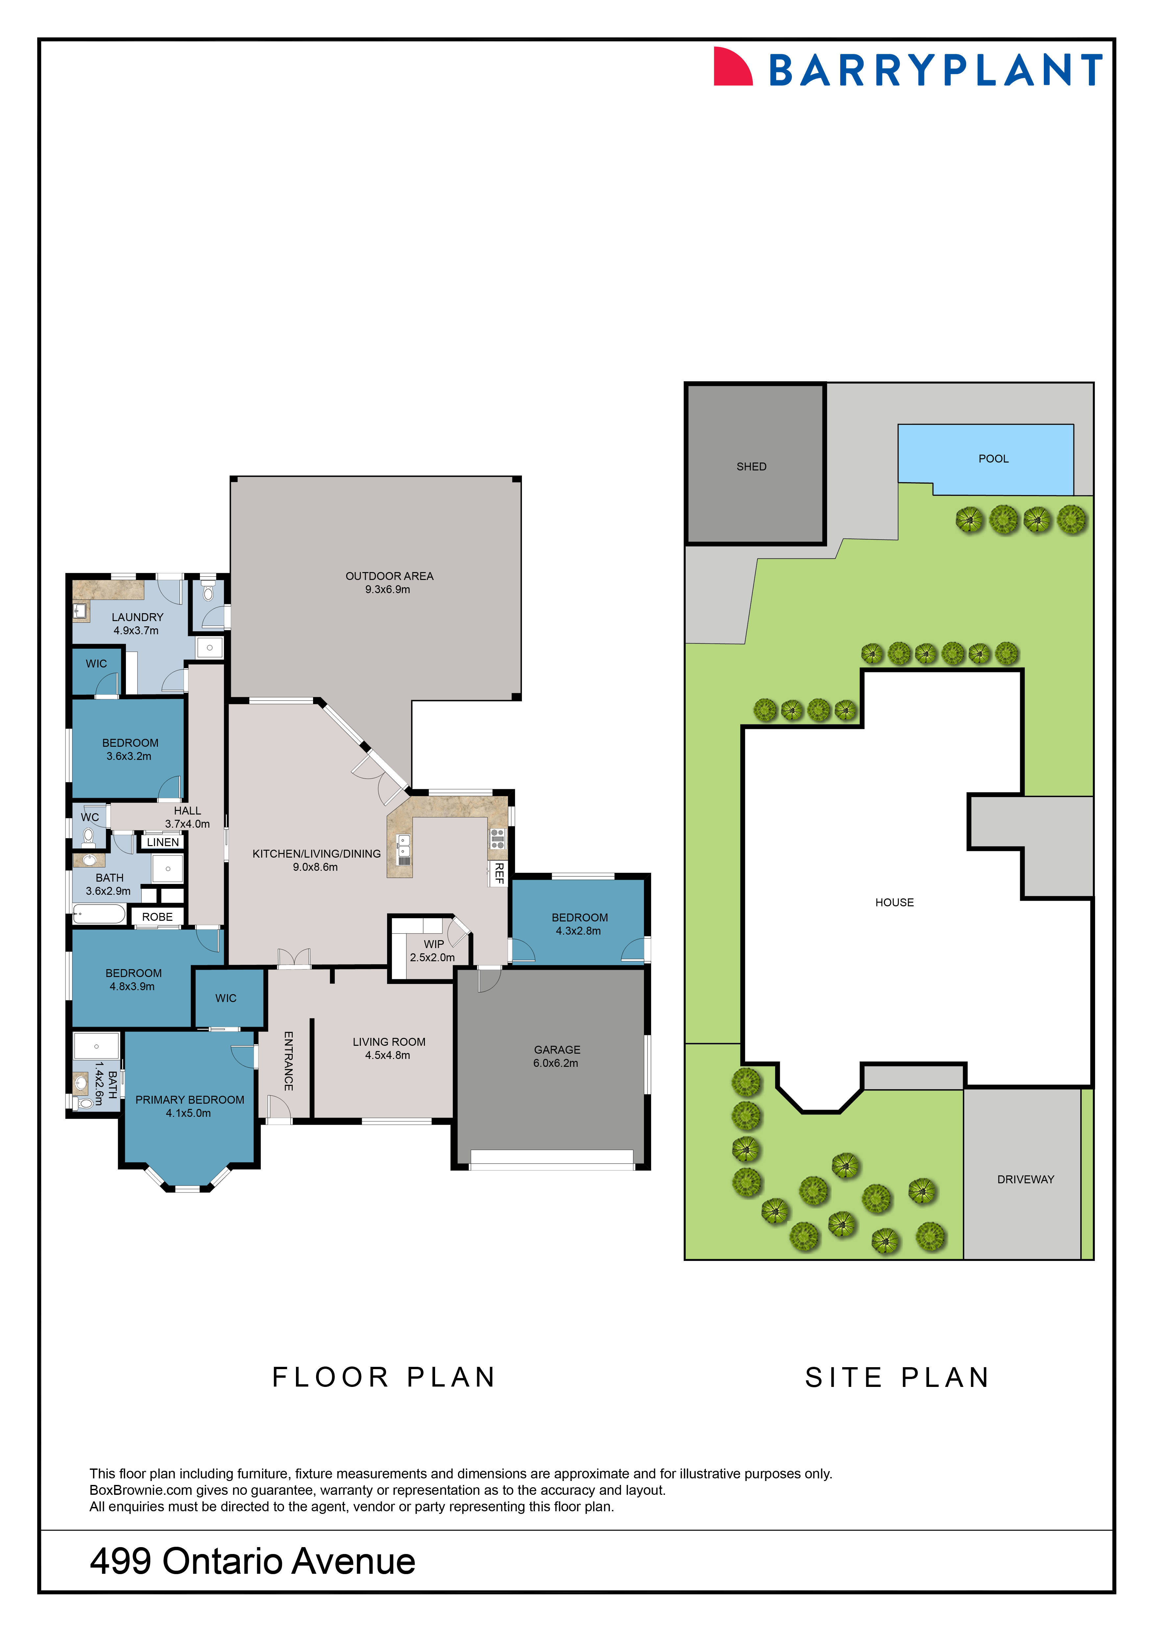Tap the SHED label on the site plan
[x=751, y=467]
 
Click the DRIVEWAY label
[x=1025, y=1179]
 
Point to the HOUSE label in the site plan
[x=894, y=902]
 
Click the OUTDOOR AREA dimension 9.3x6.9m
[x=388, y=590]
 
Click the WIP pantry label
[x=433, y=944]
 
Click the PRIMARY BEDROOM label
[x=189, y=1100]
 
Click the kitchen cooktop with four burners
[x=497, y=839]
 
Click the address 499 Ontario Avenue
[x=252, y=1561]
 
